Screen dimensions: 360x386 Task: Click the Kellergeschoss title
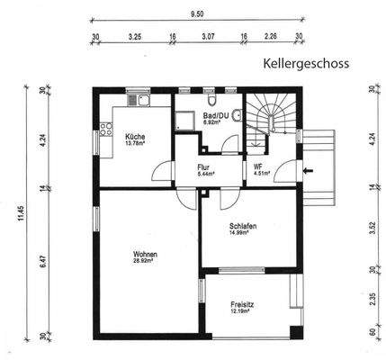(305, 65)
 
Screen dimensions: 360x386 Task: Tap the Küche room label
(134, 137)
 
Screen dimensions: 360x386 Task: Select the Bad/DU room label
(213, 116)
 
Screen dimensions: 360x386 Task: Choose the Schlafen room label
(243, 227)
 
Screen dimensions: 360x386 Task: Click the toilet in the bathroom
(235, 115)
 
